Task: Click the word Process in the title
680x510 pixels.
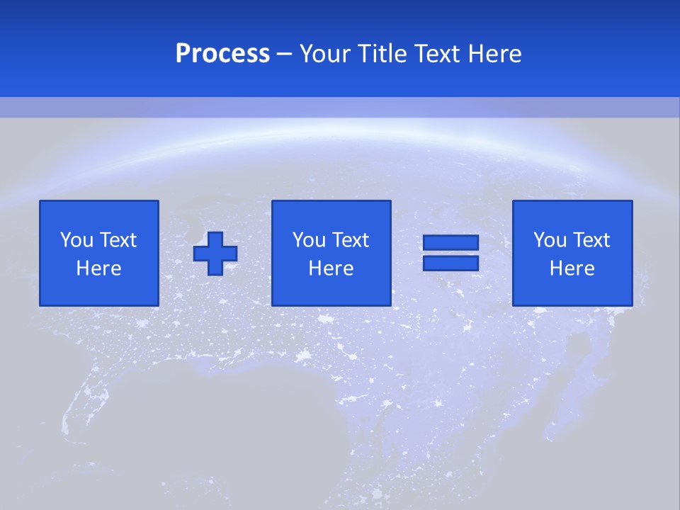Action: click(222, 54)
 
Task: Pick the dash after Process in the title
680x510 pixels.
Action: click(284, 55)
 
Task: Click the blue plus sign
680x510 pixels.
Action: click(215, 254)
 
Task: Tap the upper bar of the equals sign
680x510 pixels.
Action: click(450, 243)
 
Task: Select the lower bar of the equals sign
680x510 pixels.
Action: click(450, 263)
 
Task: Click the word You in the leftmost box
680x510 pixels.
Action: click(76, 240)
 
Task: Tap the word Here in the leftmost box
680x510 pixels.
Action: click(99, 268)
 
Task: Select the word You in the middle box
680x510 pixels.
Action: click(309, 240)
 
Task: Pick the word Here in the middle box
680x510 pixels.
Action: click(331, 268)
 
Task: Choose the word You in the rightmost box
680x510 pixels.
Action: click(550, 240)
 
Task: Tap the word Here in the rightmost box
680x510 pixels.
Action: click(572, 268)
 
